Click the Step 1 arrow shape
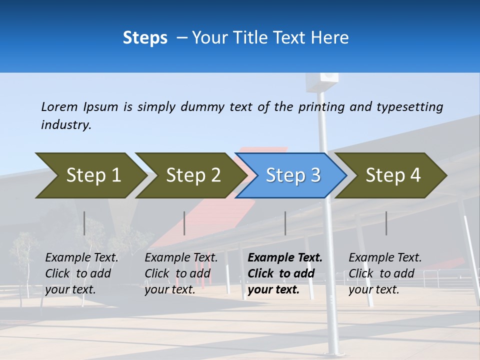(x=92, y=175)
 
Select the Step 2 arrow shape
(x=192, y=175)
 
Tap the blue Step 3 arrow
(x=292, y=175)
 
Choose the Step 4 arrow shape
(x=392, y=175)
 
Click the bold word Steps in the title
(x=145, y=37)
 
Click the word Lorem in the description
(x=59, y=106)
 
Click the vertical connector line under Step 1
(x=84, y=223)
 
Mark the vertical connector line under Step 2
(x=184, y=223)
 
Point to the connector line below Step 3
(x=285, y=223)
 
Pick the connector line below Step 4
(x=386, y=223)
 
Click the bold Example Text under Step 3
(x=285, y=258)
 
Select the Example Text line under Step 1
(x=81, y=258)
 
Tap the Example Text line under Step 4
(x=385, y=258)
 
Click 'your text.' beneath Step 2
(x=169, y=289)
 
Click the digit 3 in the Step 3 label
(x=315, y=175)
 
